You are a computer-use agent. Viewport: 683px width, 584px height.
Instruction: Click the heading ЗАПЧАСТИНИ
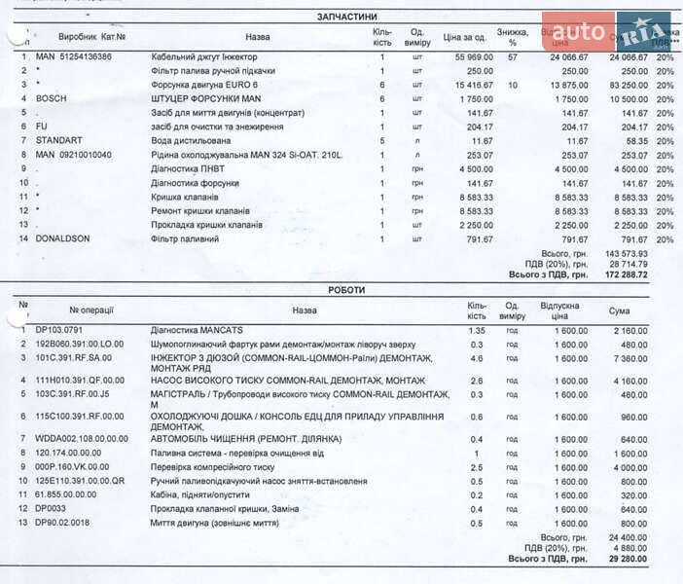[347, 18]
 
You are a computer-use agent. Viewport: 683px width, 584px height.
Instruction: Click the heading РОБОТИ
[347, 290]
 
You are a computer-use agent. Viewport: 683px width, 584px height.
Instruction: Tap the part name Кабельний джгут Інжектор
[198, 57]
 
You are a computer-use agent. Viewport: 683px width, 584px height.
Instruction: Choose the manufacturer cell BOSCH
[52, 99]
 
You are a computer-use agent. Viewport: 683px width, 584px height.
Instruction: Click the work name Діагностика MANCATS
[196, 331]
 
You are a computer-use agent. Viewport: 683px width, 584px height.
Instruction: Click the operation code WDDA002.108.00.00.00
[82, 439]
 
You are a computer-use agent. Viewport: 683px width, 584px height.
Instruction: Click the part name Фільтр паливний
[185, 238]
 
